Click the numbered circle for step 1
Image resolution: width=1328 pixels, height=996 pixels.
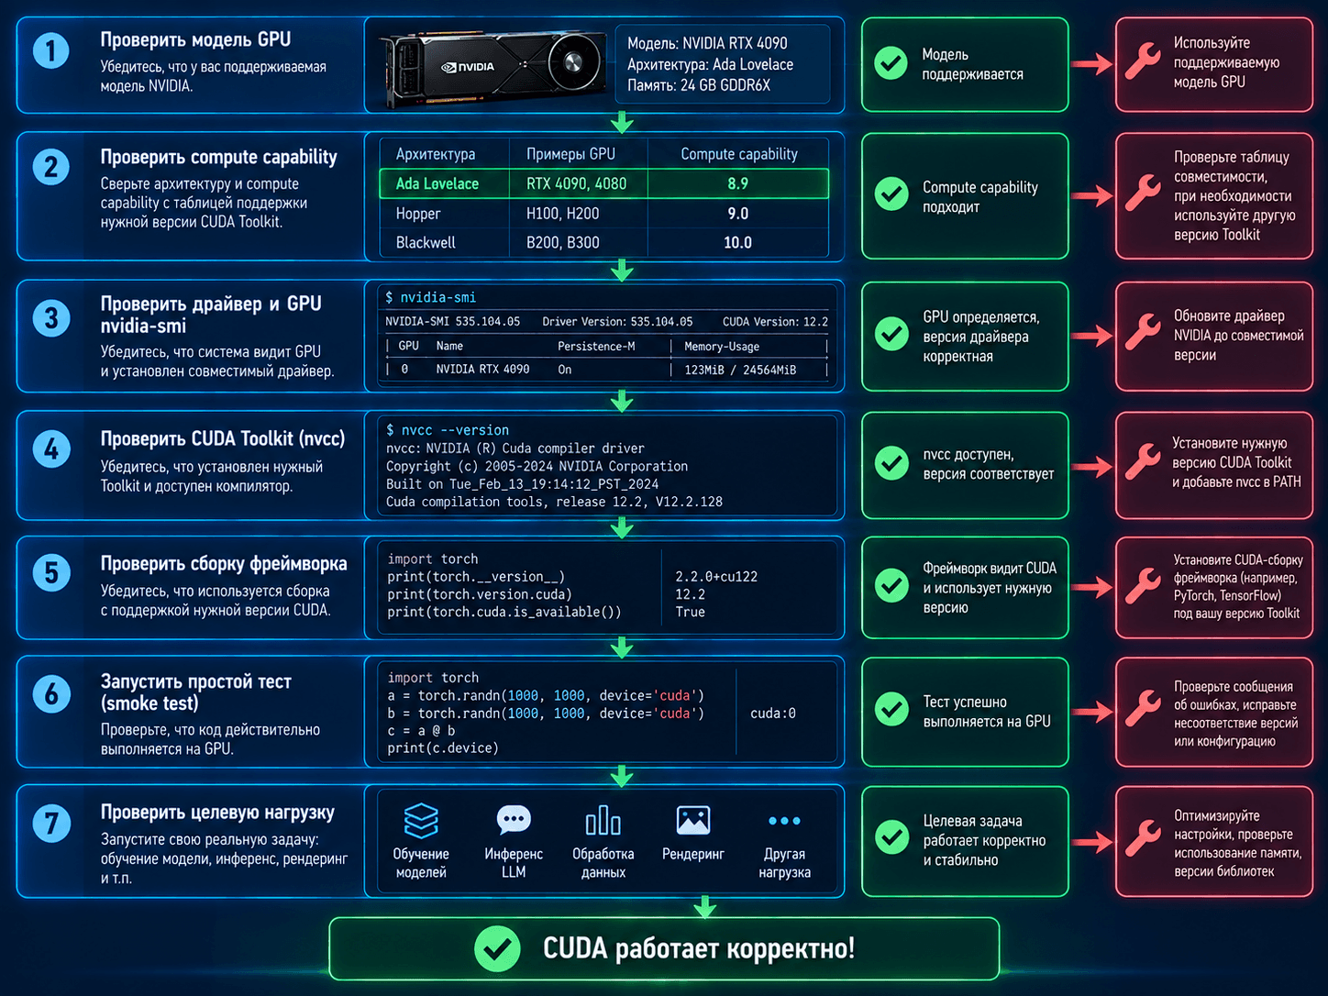(x=50, y=50)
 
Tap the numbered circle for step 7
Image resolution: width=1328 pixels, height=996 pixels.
(x=50, y=823)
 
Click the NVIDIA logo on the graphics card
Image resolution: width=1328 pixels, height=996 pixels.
(x=468, y=67)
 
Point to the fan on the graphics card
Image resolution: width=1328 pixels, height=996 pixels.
(x=572, y=61)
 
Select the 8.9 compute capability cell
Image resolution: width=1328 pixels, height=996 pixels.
(x=737, y=183)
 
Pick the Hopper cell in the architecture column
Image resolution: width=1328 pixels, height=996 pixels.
(x=418, y=214)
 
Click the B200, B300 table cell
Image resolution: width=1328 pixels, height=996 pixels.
(x=563, y=242)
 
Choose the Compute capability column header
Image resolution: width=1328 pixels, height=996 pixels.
(x=738, y=154)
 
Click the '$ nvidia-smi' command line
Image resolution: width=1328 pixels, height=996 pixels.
(x=431, y=297)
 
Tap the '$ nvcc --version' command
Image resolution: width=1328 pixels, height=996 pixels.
(x=448, y=430)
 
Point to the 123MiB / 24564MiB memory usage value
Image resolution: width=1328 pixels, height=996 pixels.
(x=740, y=370)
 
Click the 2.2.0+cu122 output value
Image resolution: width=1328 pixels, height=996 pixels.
(x=716, y=577)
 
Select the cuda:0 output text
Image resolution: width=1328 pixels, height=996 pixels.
(x=772, y=714)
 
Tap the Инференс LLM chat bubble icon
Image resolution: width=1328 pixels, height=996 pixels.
(x=514, y=820)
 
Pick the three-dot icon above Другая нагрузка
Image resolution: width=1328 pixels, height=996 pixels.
(x=784, y=821)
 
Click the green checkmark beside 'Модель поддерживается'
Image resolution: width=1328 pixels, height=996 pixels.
(x=891, y=63)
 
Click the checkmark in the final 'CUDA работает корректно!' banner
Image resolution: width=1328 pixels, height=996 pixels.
(x=497, y=949)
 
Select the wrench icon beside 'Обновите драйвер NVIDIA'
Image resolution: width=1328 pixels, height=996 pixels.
(x=1142, y=332)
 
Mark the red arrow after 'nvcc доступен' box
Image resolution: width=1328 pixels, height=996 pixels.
(x=1091, y=466)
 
